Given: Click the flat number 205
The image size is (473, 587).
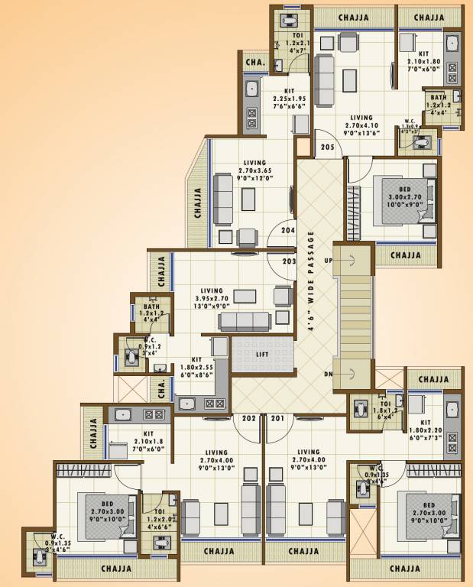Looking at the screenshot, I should [x=328, y=147].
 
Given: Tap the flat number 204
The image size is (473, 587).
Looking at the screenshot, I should [x=287, y=229].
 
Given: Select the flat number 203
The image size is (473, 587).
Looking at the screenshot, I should [x=288, y=261].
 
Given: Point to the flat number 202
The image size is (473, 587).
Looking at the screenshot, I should [x=249, y=418].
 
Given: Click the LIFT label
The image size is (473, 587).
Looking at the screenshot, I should [x=263, y=355].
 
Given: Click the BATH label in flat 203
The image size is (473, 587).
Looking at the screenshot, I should [x=151, y=313].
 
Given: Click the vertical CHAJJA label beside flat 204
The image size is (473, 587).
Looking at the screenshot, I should [x=197, y=204].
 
